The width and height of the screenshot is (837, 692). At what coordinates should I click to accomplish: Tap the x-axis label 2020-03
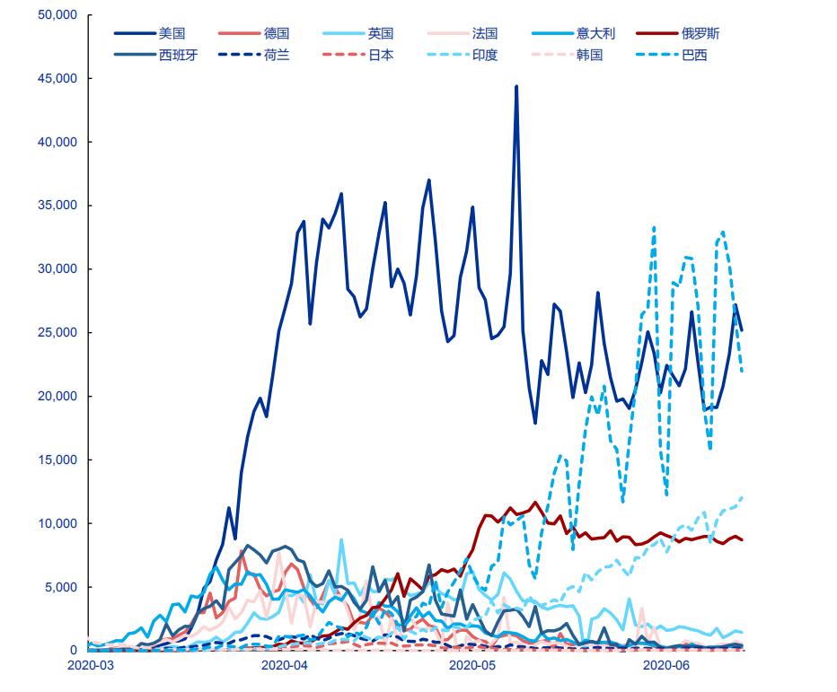pyautogui.click(x=90, y=665)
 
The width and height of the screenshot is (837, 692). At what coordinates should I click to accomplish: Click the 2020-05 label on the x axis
pyautogui.click(x=471, y=665)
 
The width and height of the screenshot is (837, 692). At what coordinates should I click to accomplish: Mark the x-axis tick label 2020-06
pyautogui.click(x=665, y=665)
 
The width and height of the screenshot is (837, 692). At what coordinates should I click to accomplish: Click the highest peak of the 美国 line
pyautogui.click(x=516, y=87)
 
